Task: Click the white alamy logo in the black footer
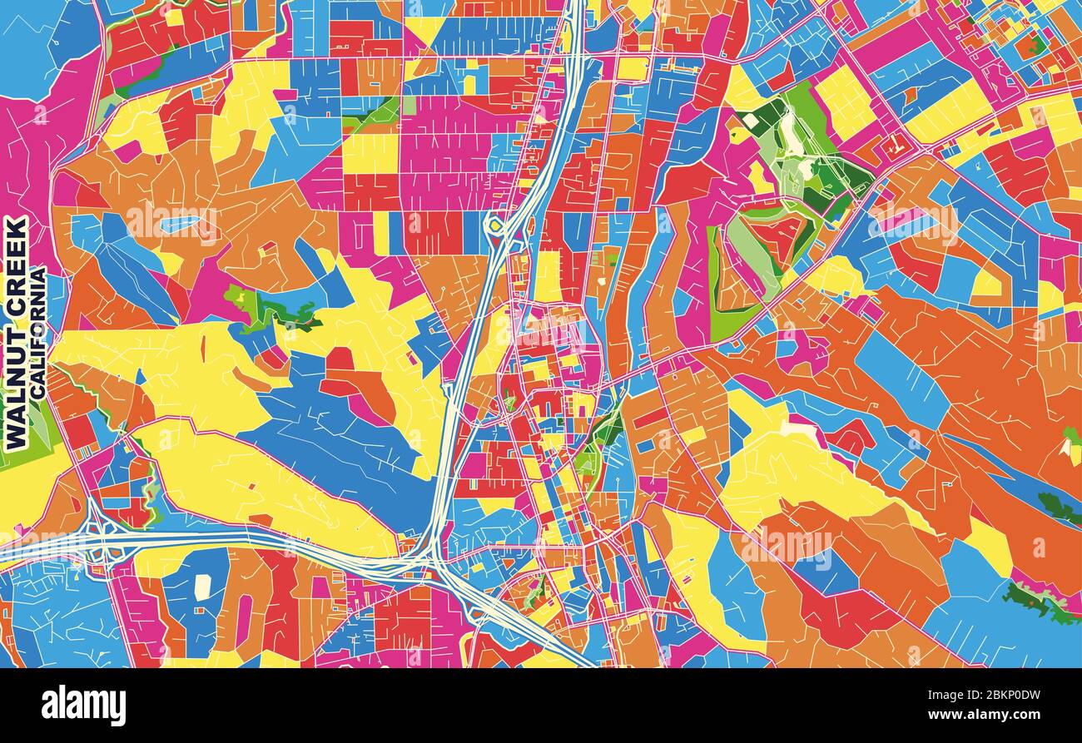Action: tap(83, 705)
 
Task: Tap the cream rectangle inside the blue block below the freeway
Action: tap(202, 586)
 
